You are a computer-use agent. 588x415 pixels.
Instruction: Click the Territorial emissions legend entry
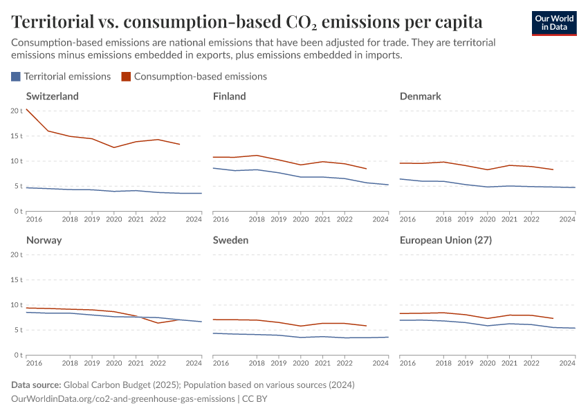[x=61, y=77]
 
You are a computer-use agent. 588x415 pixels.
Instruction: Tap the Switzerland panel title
[x=52, y=96]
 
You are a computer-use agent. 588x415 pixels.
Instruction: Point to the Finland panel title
[x=229, y=96]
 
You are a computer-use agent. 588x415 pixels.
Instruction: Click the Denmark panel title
[x=420, y=96]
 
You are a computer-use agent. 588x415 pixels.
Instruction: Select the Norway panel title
[x=44, y=240]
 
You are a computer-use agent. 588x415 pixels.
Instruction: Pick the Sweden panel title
[x=230, y=240]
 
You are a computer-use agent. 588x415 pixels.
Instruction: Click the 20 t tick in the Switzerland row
[x=17, y=111]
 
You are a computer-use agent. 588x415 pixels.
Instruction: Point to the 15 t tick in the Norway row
[x=17, y=280]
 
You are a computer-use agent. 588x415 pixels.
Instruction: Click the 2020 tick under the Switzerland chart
[x=113, y=219]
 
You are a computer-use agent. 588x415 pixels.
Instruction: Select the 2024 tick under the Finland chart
[x=380, y=219]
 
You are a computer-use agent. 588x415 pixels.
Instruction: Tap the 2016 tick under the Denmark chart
[x=408, y=219]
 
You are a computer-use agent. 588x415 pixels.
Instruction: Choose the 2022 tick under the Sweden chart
[x=344, y=363]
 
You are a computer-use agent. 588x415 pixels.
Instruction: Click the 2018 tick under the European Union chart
[x=444, y=363]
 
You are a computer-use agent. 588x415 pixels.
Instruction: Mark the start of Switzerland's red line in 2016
[x=26, y=109]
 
